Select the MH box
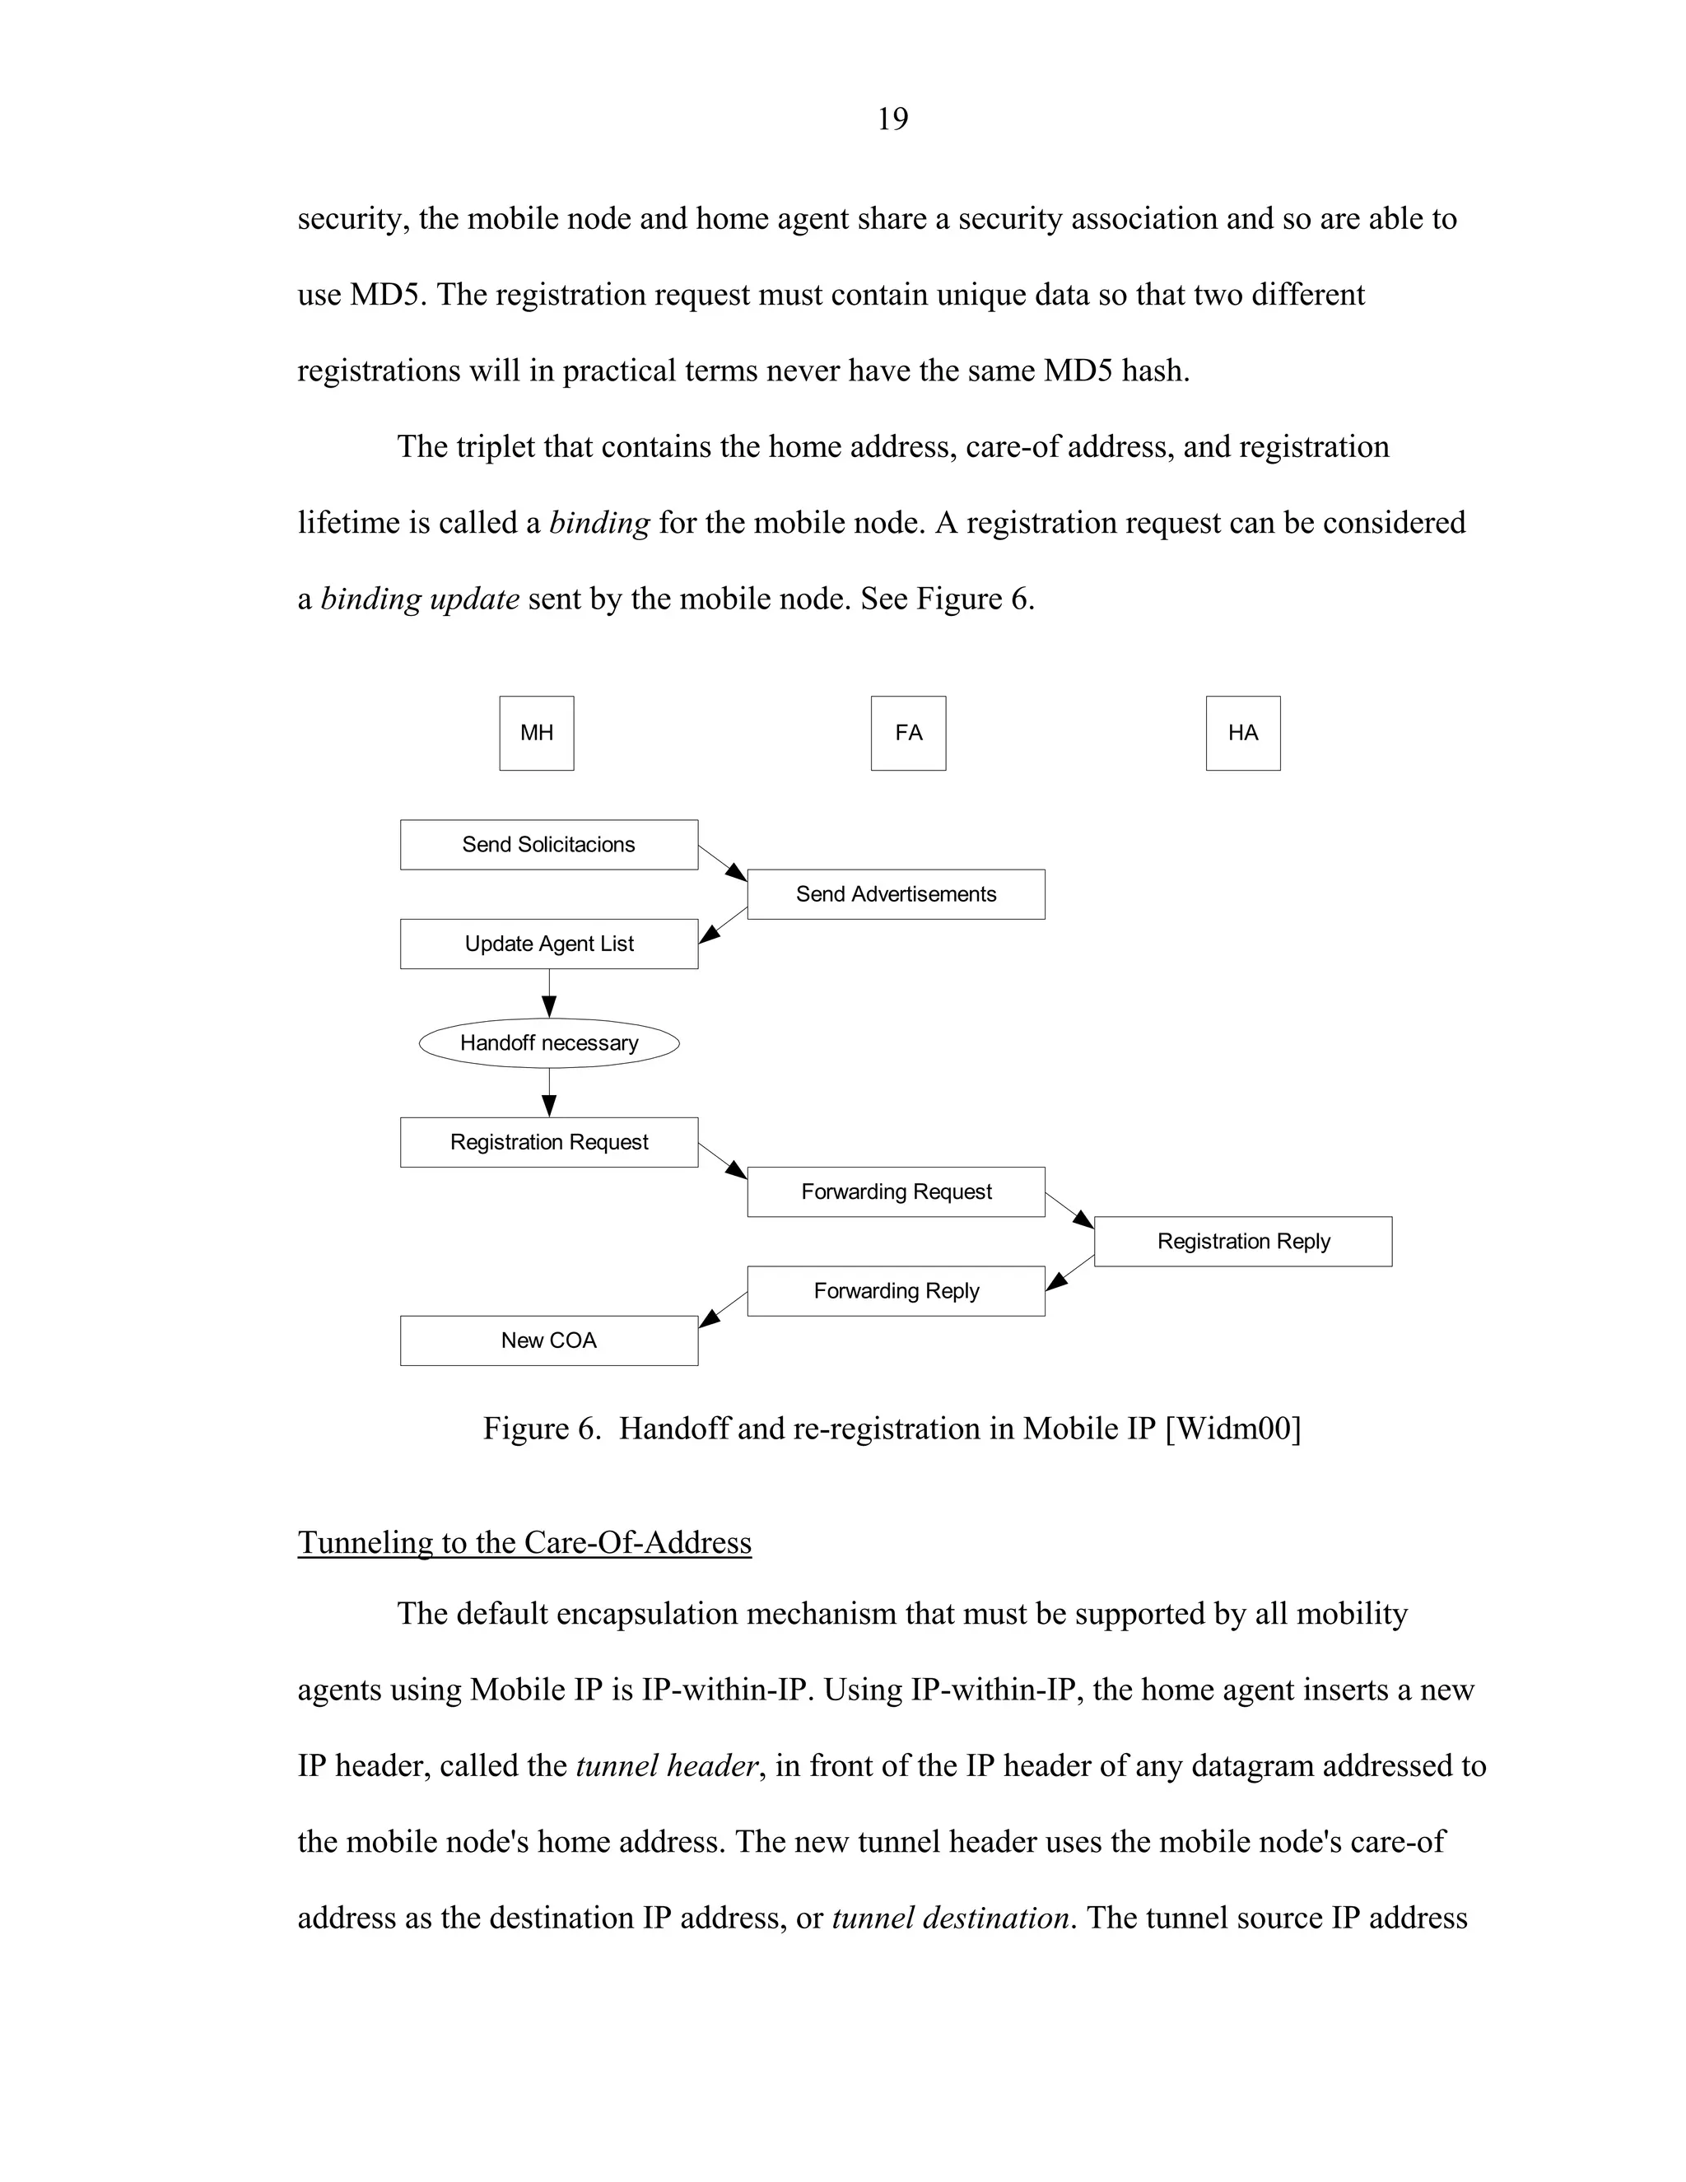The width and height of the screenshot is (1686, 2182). click(x=537, y=734)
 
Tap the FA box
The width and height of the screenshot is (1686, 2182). click(x=908, y=734)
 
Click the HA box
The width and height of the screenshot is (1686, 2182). click(x=1242, y=734)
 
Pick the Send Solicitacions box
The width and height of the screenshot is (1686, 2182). click(x=548, y=846)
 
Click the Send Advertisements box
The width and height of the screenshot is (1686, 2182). click(x=896, y=894)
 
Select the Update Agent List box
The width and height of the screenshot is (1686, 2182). click(x=548, y=944)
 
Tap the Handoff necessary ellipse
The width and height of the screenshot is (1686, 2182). click(x=548, y=1043)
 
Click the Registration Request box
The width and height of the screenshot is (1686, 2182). click(x=548, y=1142)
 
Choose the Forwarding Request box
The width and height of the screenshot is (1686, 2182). click(x=896, y=1192)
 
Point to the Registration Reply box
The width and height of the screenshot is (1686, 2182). click(x=1242, y=1242)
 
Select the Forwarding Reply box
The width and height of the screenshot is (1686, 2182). click(x=896, y=1291)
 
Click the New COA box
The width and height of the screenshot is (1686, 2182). click(x=548, y=1340)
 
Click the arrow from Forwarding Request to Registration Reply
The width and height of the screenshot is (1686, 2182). click(x=1069, y=1211)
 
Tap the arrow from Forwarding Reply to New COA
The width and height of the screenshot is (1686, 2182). click(x=722, y=1310)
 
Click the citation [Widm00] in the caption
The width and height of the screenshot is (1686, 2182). click(x=1232, y=1429)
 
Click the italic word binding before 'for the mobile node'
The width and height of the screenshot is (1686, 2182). click(x=599, y=524)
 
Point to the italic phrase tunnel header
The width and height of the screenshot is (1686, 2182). click(x=666, y=1766)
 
